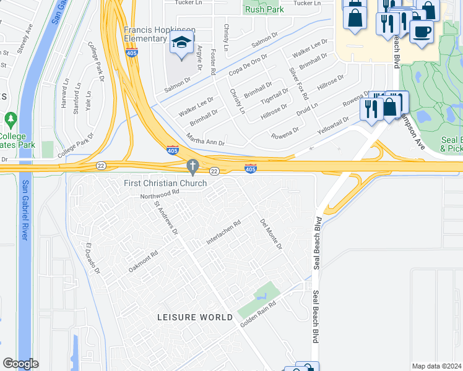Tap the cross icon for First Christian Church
point(193,166)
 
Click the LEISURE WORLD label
point(195,317)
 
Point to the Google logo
point(20,364)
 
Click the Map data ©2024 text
point(436,366)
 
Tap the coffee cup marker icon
point(422,31)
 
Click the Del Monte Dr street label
point(271,234)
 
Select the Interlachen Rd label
point(223,232)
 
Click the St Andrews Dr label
point(166,218)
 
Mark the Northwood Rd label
point(159,192)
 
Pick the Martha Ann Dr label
point(206,139)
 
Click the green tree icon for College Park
point(10,119)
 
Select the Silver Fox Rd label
point(298,83)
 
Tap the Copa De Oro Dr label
point(248,65)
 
